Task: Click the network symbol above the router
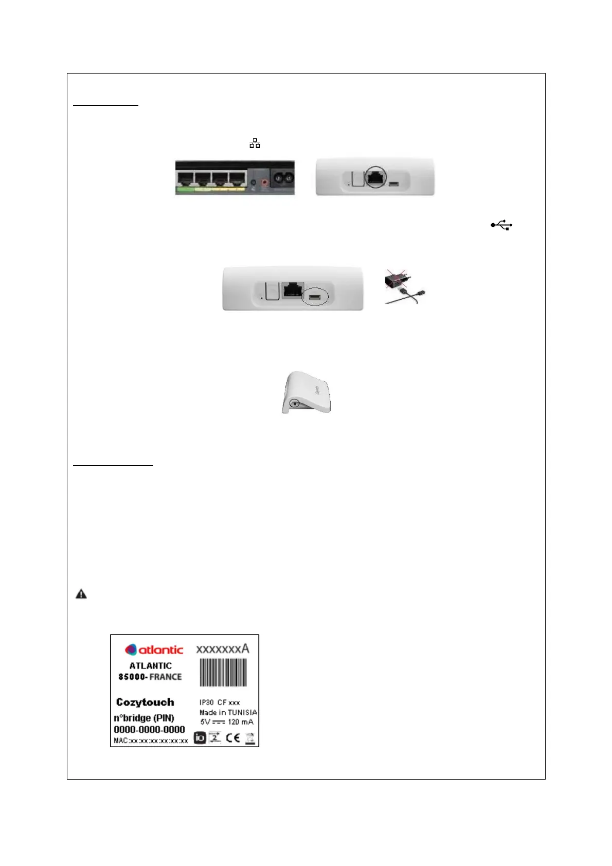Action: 255,143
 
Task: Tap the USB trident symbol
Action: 501,225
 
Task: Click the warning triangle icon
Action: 81,594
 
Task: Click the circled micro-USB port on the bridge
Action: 315,297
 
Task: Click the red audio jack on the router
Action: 265,182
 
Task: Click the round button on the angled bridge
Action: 294,404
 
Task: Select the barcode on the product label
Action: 223,673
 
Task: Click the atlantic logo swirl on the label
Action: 131,650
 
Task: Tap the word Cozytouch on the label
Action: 145,702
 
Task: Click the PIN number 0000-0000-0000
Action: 149,729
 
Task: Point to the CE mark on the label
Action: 233,738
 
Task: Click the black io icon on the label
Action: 200,738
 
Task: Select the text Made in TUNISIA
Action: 228,712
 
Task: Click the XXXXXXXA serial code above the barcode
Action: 222,649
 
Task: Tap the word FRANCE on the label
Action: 166,677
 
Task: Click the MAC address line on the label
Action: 151,741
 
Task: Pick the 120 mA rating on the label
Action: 241,721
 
